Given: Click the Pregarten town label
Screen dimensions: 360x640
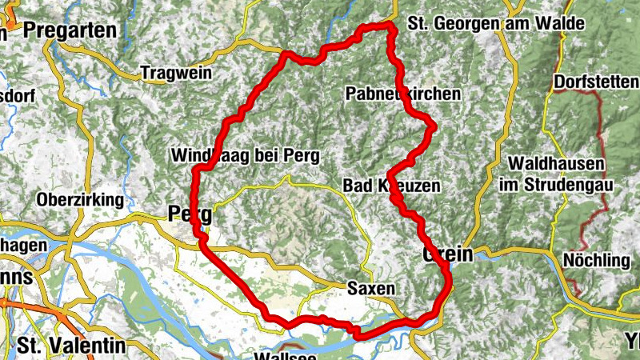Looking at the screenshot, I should pos(70,30).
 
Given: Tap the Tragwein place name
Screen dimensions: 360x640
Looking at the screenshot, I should pos(176,73).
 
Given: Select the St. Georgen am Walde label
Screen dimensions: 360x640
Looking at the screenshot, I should pos(495,23).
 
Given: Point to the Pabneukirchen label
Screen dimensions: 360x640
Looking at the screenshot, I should pos(403,94).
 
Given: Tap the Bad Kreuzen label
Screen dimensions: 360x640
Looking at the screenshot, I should pos(392,186).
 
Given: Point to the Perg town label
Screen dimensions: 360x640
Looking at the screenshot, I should pos(190,214).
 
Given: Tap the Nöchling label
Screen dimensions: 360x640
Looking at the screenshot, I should pos(597,260).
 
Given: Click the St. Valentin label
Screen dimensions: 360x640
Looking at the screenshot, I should pos(72,346).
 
